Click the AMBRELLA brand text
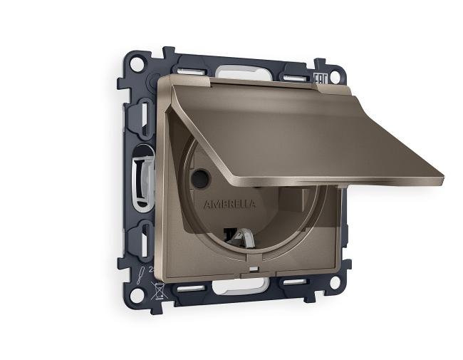pyautogui.click(x=229, y=204)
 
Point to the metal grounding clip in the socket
pyautogui.click(x=243, y=235)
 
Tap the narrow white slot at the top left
pyautogui.click(x=187, y=71)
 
